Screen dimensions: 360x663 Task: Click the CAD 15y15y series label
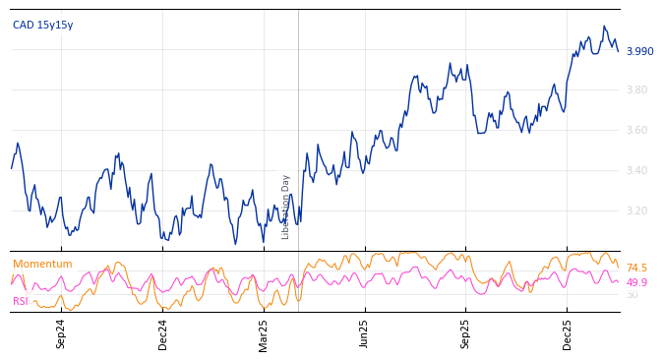click(x=42, y=26)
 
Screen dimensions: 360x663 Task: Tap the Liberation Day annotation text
click(x=286, y=207)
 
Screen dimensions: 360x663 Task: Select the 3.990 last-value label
click(x=639, y=52)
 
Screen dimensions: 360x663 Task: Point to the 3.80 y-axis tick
click(x=637, y=90)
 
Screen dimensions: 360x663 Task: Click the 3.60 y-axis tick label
click(x=637, y=131)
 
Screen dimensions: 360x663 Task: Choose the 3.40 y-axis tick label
click(x=637, y=171)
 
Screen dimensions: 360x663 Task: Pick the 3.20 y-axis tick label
click(x=637, y=211)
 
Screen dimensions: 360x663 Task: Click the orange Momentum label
click(x=42, y=265)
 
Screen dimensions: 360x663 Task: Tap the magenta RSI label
click(x=21, y=301)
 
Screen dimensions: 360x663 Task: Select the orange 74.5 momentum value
click(x=636, y=269)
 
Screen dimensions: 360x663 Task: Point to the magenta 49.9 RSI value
click(x=636, y=283)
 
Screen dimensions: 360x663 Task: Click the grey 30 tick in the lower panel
click(x=632, y=295)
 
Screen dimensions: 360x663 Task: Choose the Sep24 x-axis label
click(x=61, y=333)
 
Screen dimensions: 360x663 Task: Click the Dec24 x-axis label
click(x=163, y=333)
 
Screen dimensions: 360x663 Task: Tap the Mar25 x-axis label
click(x=264, y=333)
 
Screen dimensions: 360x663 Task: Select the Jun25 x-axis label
click(x=365, y=333)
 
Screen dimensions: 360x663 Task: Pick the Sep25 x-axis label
click(x=466, y=333)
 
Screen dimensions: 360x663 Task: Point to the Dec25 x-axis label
click(x=568, y=333)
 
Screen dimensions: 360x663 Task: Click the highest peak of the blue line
click(x=604, y=27)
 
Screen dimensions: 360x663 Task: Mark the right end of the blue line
click(x=618, y=50)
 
